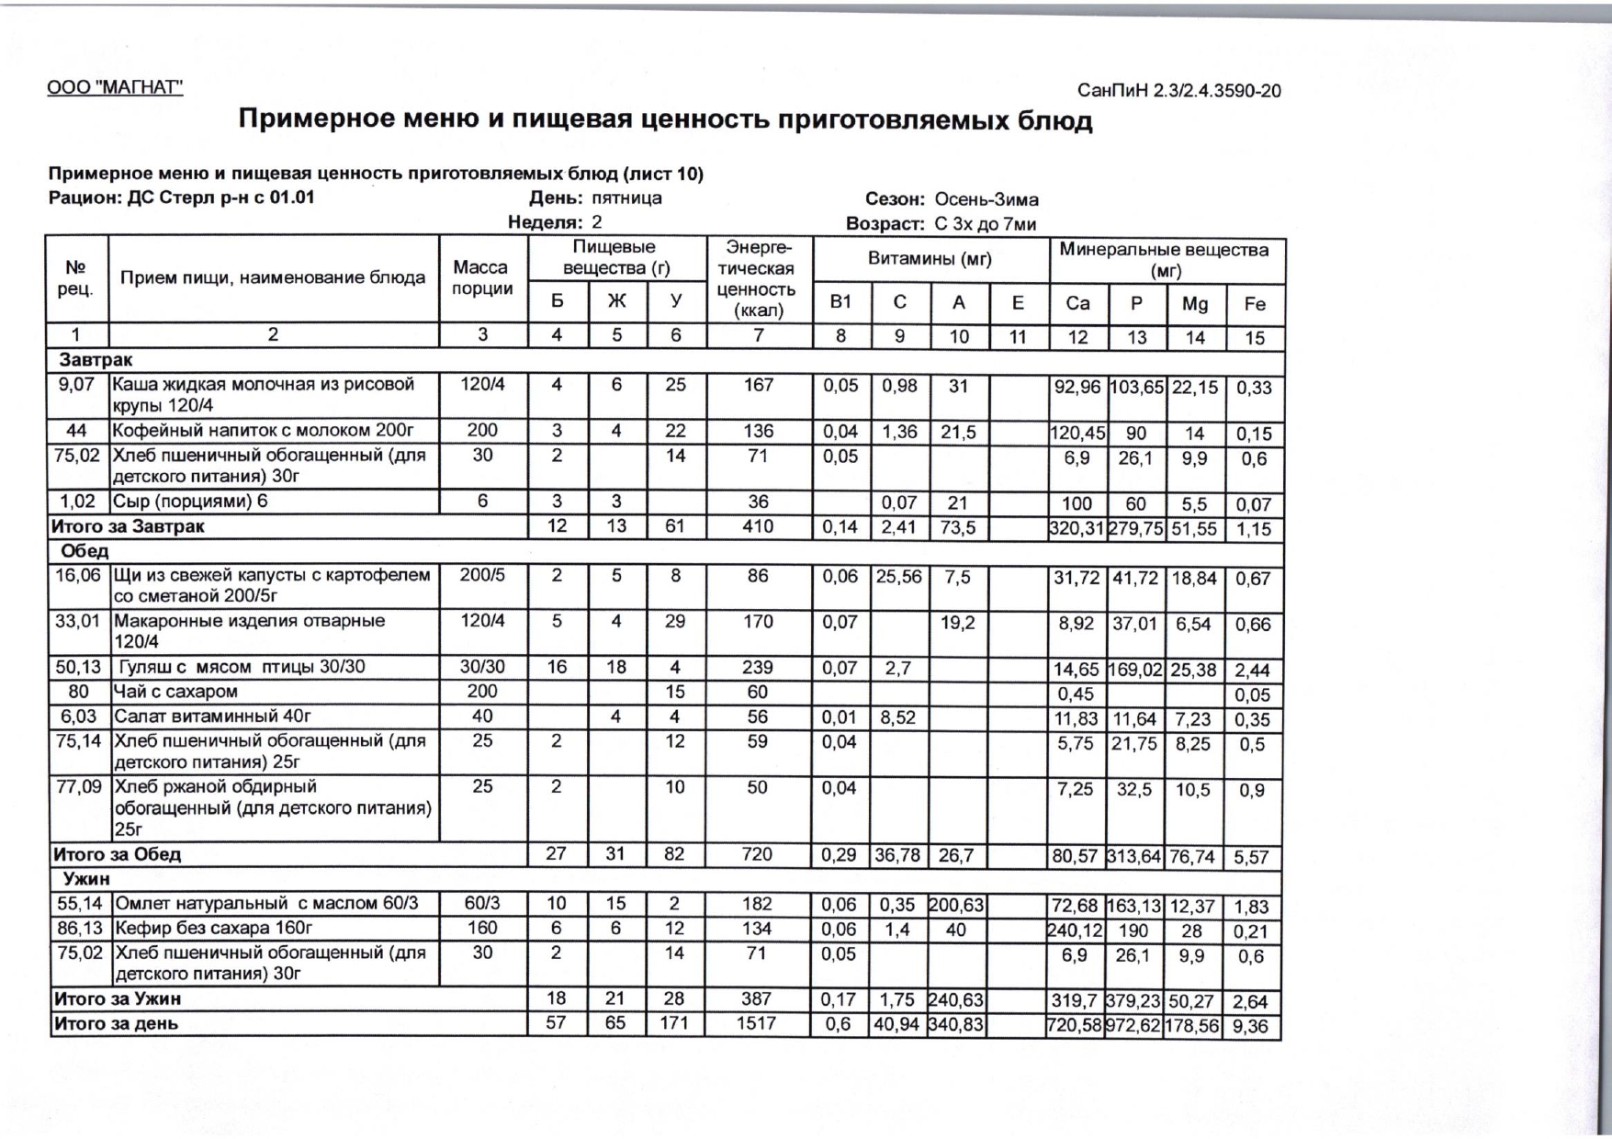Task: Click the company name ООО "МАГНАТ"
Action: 115,87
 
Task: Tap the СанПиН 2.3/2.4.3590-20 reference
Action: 1178,91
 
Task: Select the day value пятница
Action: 626,198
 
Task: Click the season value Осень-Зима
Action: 986,199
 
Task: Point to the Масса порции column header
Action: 482,277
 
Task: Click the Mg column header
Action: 1194,304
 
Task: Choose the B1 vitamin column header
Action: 840,302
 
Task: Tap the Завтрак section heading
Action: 96,360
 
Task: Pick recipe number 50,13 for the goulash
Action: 78,667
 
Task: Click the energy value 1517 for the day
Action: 756,1023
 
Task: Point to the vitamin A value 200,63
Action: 956,905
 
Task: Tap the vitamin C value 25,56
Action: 898,577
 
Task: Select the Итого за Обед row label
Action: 117,854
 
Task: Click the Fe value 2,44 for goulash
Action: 1253,671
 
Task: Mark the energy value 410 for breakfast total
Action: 758,527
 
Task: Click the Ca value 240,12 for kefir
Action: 1076,930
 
